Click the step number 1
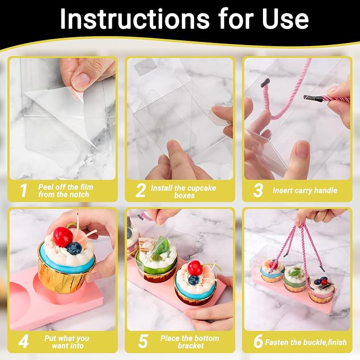(23, 190)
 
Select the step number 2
(141, 190)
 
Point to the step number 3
(258, 190)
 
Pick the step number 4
(23, 341)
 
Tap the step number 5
(143, 341)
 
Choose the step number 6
(258, 341)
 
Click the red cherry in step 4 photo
(63, 237)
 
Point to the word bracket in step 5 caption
(190, 346)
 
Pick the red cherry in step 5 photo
(195, 268)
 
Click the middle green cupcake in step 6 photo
(295, 278)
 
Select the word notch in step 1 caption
(80, 195)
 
